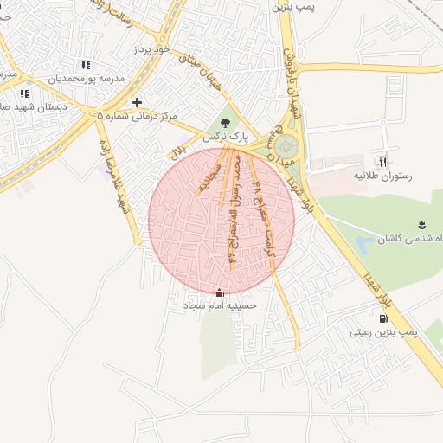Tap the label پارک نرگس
[x=226, y=138]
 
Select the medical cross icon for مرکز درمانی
[x=137, y=102]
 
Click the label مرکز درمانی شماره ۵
[x=137, y=115]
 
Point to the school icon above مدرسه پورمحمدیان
[x=85, y=65]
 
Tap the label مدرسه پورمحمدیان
[x=86, y=78]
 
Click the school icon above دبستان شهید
[x=24, y=93]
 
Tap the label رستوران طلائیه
[x=382, y=176]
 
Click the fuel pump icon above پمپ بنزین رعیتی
[x=383, y=318]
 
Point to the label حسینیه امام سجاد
[x=217, y=306]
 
